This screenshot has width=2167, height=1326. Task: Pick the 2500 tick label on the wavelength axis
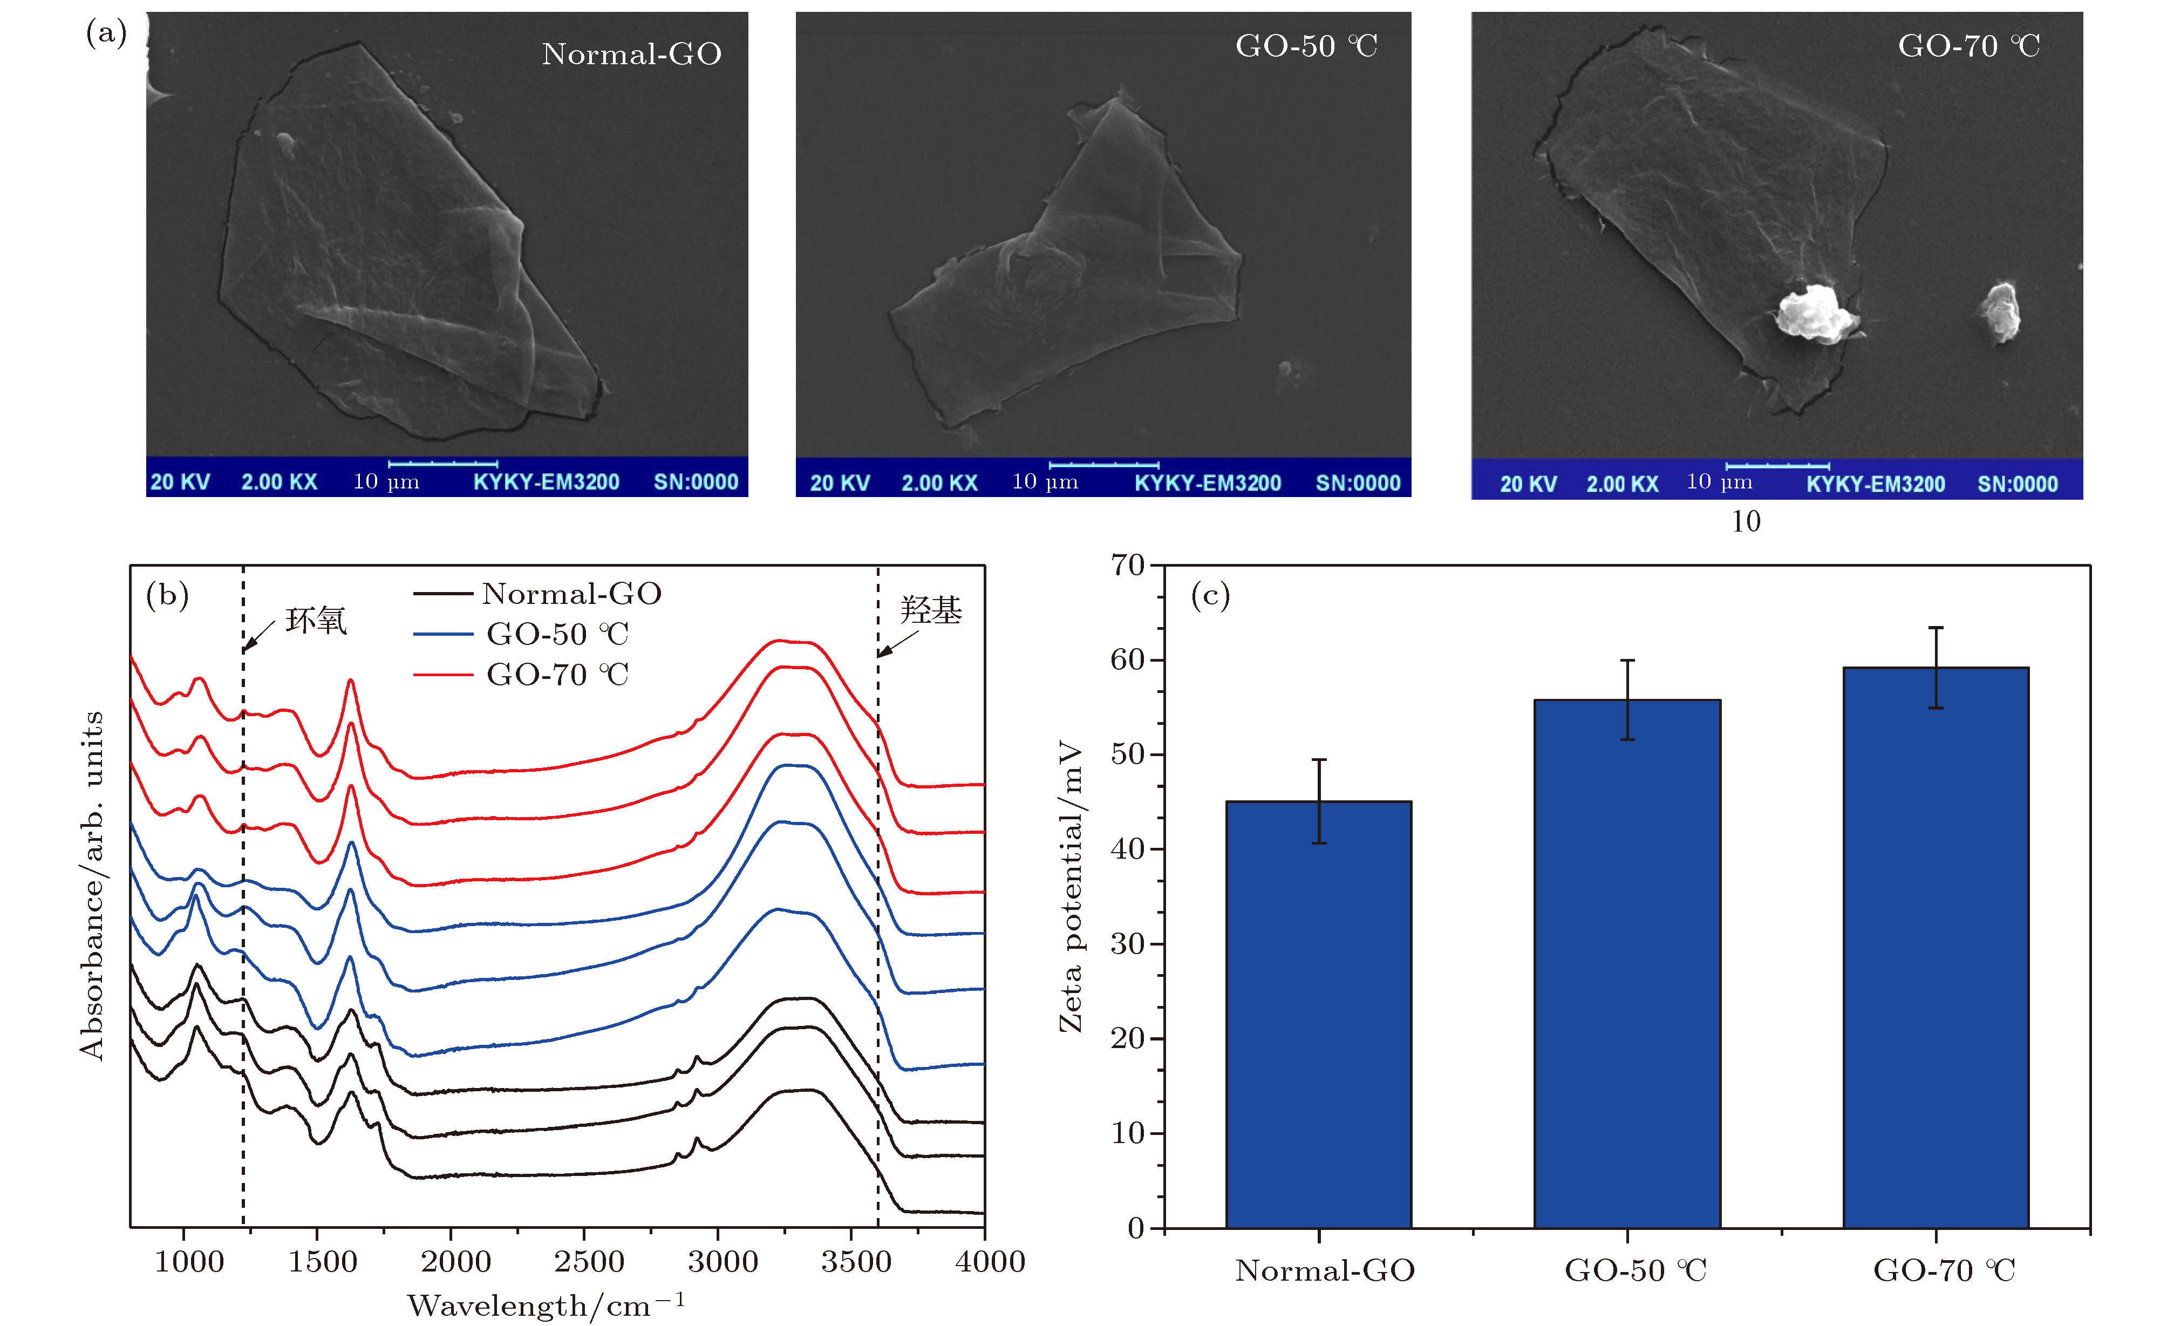pos(588,1262)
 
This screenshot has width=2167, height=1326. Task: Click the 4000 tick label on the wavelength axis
pos(990,1262)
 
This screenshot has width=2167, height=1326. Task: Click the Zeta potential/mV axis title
pos(1071,886)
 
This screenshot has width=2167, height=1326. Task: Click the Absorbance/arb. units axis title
pos(92,886)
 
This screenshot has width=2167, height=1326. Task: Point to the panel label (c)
pos(1210,596)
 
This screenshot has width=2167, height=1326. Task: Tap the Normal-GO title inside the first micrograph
pos(631,55)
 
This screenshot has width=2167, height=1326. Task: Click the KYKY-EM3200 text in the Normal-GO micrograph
pos(546,482)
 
